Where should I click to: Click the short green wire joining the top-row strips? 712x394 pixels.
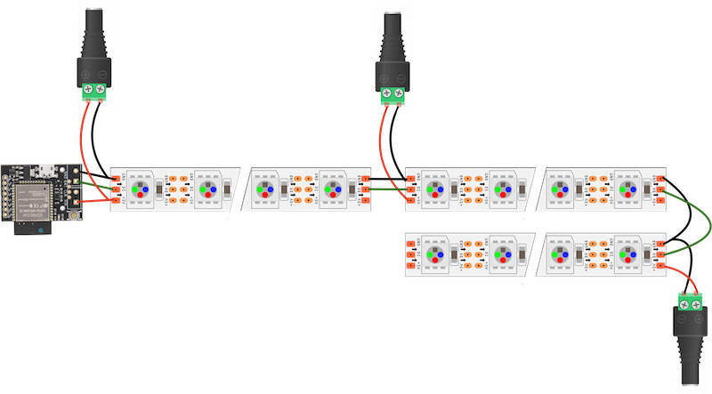[387, 189]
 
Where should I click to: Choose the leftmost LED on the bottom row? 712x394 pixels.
[438, 254]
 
